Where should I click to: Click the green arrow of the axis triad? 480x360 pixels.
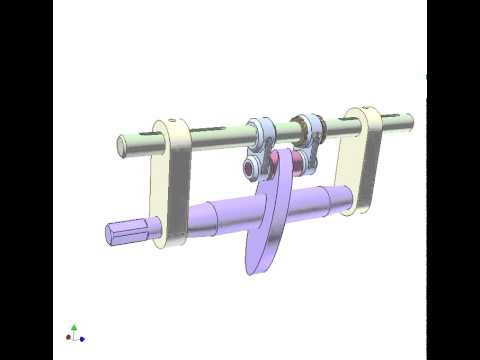[x=74, y=327]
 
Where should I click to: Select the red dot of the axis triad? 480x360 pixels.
[x=68, y=338]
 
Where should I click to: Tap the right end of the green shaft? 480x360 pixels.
[x=409, y=124]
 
